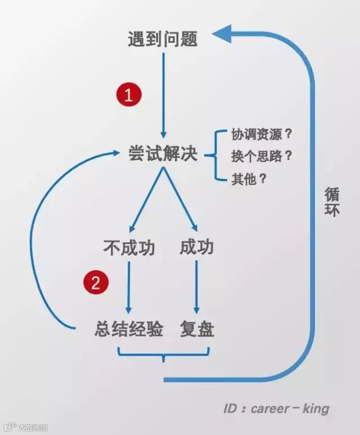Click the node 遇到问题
(x=163, y=39)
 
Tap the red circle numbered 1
(x=129, y=95)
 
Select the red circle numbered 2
(x=96, y=282)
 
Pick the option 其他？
(x=249, y=180)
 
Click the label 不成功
(x=129, y=247)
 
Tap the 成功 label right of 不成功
(x=197, y=247)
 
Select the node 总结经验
(x=129, y=329)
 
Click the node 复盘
(x=197, y=329)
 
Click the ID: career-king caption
(x=276, y=409)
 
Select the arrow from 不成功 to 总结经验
(x=129, y=287)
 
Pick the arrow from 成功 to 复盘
(x=197, y=287)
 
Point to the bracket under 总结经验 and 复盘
(x=163, y=355)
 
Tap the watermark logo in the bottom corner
(x=8, y=427)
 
